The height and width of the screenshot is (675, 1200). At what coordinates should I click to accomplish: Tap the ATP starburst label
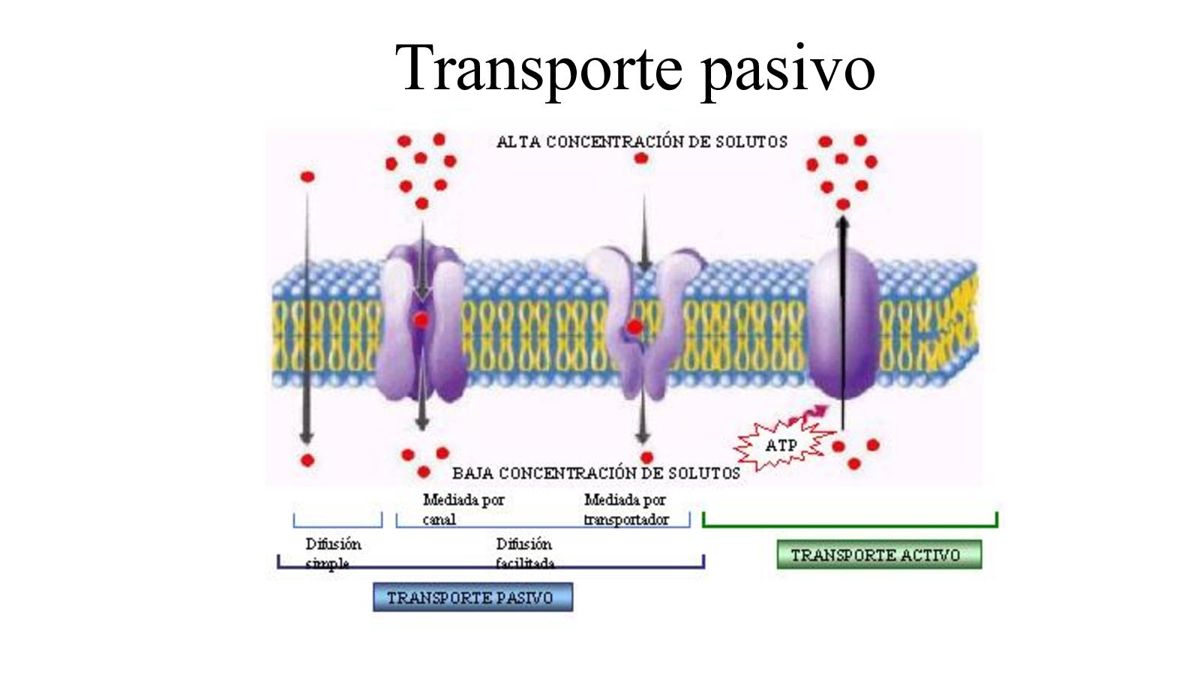(x=781, y=445)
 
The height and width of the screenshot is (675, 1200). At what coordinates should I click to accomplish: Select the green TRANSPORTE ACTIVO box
(x=878, y=555)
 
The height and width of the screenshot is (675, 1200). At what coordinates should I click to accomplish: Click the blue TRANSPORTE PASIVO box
(x=472, y=598)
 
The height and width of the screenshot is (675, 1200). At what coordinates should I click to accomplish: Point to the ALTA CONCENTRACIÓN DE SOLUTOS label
(x=642, y=142)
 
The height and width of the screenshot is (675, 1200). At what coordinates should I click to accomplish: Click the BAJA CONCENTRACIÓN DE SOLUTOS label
(x=596, y=473)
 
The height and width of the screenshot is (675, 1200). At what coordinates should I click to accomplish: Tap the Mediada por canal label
(x=463, y=508)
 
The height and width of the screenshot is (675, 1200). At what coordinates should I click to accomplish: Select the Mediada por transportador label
(x=625, y=508)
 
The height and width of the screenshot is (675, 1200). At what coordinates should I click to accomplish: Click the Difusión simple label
(x=333, y=553)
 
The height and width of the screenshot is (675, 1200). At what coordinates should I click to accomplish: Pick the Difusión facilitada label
(x=524, y=553)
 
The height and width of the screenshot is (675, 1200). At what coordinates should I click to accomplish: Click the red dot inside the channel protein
(x=421, y=321)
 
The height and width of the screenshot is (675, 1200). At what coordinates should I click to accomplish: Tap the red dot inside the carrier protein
(x=635, y=327)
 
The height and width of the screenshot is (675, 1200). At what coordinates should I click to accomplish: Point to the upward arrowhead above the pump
(x=843, y=222)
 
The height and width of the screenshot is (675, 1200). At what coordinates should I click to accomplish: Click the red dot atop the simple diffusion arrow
(x=307, y=177)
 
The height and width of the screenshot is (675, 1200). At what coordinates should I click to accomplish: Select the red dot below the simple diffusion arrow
(x=307, y=460)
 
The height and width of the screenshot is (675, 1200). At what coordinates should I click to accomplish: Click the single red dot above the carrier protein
(x=641, y=158)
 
